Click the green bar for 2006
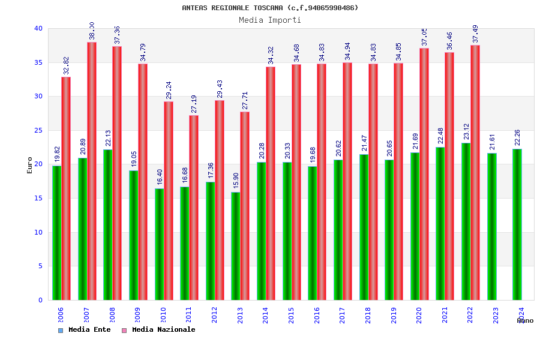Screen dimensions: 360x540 click(56, 233)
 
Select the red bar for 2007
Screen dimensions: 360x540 click(92, 171)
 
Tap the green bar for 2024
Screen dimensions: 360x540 click(517, 224)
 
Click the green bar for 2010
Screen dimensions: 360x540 click(159, 244)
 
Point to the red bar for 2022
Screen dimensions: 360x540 click(475, 173)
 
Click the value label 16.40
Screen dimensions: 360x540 click(160, 176)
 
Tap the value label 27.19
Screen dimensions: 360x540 click(193, 103)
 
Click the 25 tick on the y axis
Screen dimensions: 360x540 click(38, 130)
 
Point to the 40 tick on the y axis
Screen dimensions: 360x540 click(38, 28)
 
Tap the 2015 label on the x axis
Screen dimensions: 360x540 click(291, 316)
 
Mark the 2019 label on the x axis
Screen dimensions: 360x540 click(394, 316)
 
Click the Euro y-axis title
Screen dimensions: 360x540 click(30, 165)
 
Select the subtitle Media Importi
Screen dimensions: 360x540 click(270, 20)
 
